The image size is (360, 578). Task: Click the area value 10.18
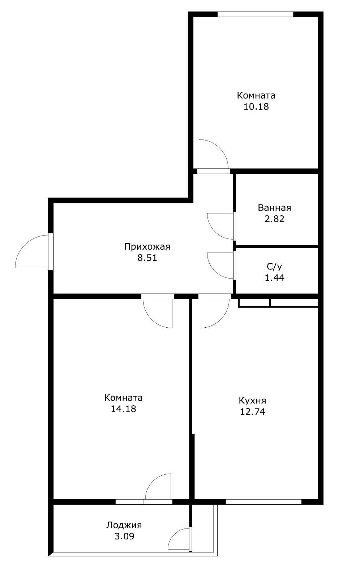(256, 107)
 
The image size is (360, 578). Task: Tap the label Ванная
(274, 208)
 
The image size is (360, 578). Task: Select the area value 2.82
(274, 219)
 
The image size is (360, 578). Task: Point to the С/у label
(274, 267)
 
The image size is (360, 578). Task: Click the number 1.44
(274, 278)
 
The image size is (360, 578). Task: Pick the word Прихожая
(147, 247)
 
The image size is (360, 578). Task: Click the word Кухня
(252, 400)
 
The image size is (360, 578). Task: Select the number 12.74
(252, 412)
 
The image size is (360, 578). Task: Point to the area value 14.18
(123, 409)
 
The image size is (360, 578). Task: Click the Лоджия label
(124, 525)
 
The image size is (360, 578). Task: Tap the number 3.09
(124, 536)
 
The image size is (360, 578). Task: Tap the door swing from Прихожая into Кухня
(213, 312)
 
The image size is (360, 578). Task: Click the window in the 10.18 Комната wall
(255, 14)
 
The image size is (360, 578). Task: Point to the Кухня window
(263, 501)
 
